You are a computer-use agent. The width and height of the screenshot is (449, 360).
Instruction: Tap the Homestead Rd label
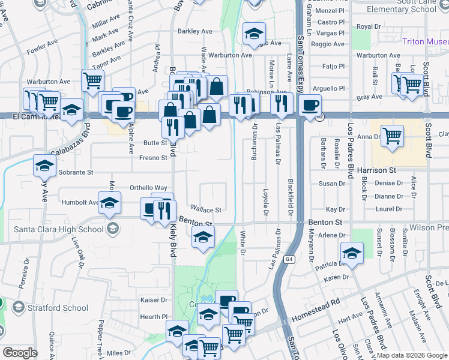click(316, 310)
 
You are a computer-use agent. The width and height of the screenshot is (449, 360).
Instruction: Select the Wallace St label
click(206, 210)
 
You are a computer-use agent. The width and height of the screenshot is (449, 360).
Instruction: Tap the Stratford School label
click(58, 308)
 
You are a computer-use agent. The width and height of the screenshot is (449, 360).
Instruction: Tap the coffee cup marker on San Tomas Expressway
click(310, 106)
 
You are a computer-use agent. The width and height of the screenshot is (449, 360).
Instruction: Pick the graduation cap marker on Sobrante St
click(44, 165)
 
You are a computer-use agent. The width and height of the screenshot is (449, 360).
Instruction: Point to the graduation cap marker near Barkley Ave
click(255, 33)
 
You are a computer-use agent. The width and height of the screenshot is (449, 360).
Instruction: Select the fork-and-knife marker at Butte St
click(172, 127)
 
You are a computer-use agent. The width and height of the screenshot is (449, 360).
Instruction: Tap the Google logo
click(20, 353)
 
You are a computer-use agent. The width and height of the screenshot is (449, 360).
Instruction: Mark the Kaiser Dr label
click(153, 299)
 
